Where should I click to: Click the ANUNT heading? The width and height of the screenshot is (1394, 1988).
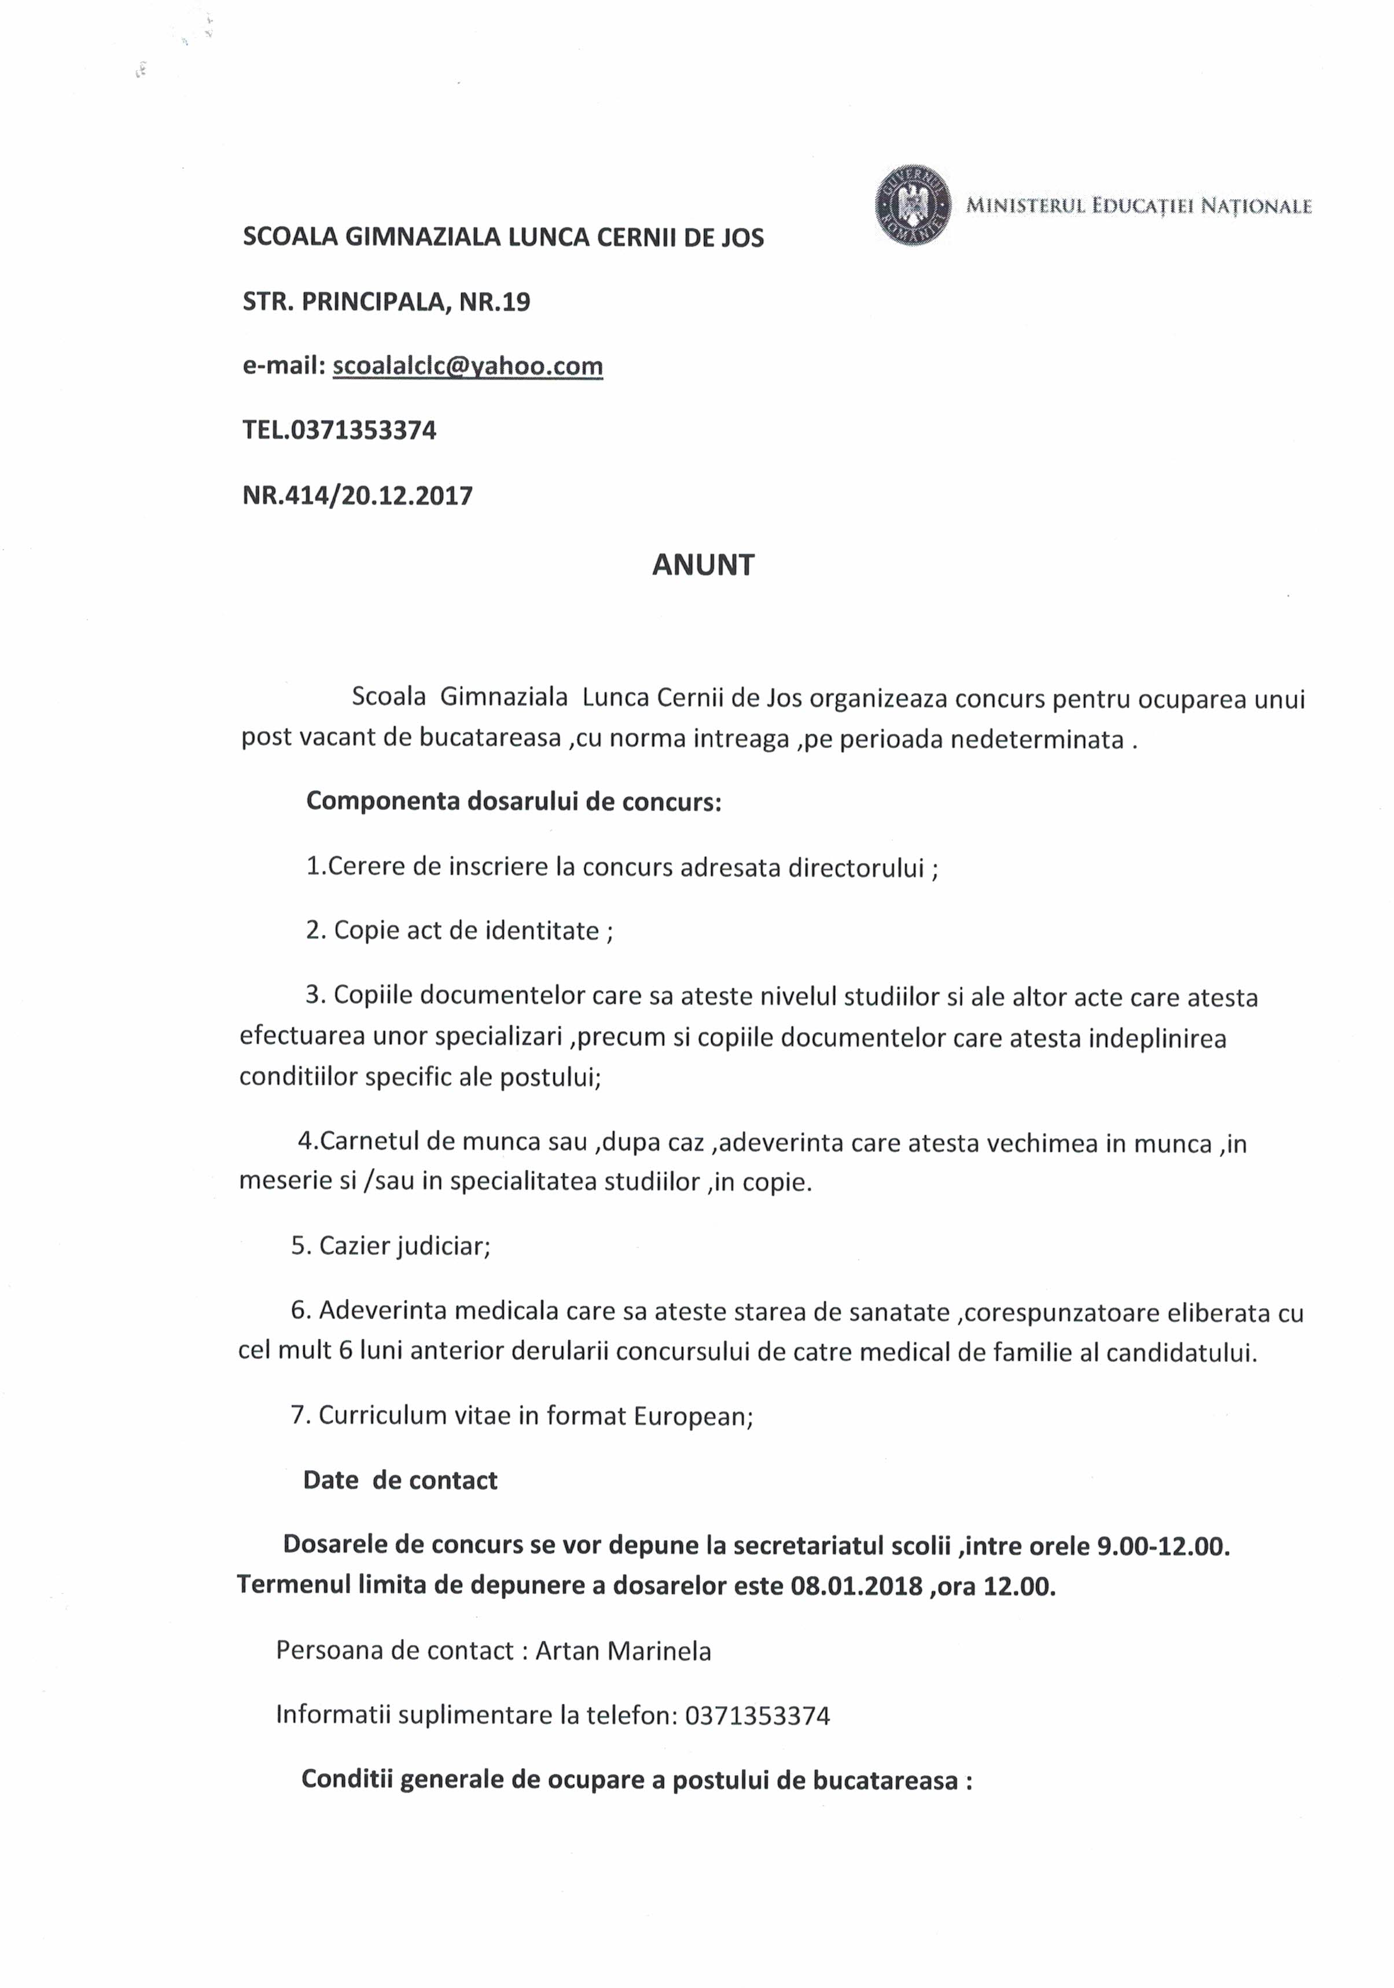coord(703,565)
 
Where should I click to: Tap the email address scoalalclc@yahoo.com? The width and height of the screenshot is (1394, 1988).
coord(468,366)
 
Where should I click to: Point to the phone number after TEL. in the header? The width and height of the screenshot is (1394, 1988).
coord(363,430)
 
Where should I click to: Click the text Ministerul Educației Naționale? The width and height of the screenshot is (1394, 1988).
coord(1139,206)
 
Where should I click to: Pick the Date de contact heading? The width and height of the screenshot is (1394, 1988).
coord(400,1481)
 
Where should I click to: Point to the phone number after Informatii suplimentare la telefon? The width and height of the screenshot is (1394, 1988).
coord(757,1716)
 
